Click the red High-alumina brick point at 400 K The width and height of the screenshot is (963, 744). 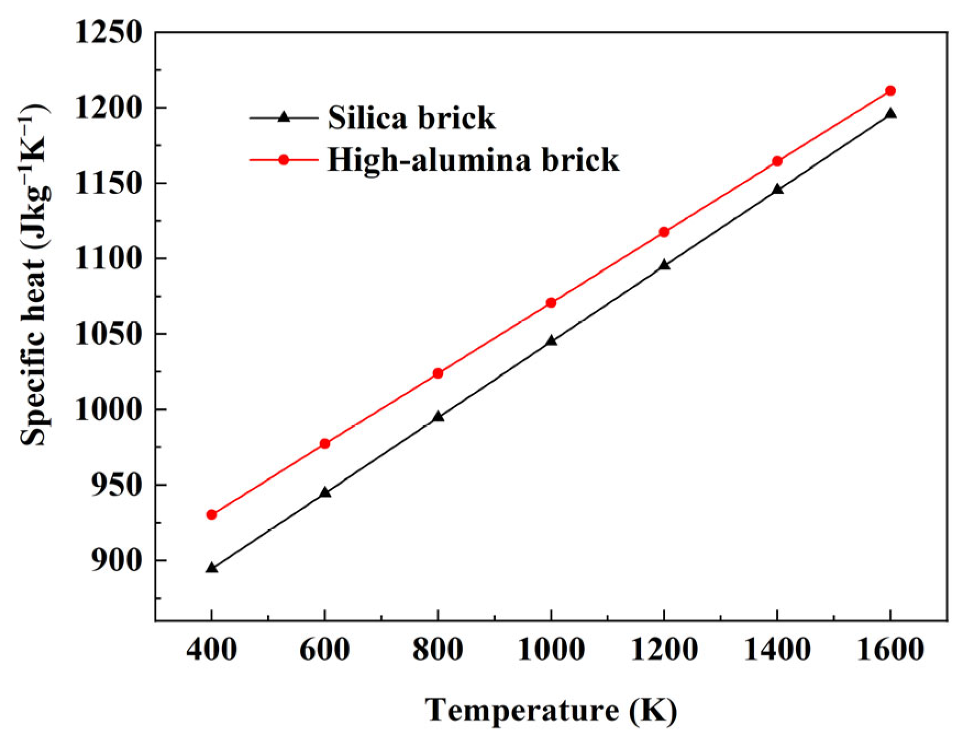pos(212,514)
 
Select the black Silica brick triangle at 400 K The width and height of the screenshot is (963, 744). pos(212,568)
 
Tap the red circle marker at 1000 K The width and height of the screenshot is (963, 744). pos(551,303)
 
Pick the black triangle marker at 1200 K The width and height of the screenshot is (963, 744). pos(664,265)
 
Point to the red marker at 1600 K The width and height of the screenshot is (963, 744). pos(890,91)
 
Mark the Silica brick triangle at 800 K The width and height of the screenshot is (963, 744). pos(438,417)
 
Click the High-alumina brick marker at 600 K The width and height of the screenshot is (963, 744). pos(325,443)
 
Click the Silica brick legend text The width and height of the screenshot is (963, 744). pos(411,118)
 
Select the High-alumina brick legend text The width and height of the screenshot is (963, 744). pos(473,160)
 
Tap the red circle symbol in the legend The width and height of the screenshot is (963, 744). pos(284,160)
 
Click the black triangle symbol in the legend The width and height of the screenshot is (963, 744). pos(284,117)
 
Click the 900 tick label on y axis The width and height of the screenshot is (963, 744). pos(117,560)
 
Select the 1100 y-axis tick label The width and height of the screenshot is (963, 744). pos(109,258)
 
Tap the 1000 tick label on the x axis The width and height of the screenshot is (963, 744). pos(551,650)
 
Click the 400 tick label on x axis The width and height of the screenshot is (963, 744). pos(212,650)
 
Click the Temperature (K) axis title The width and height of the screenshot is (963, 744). pos(551,710)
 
